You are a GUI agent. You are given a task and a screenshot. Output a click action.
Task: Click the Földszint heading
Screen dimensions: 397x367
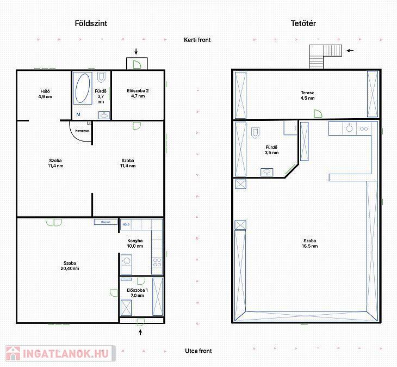[x=91, y=23]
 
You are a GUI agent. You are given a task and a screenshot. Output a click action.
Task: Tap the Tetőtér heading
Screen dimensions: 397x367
[x=303, y=23]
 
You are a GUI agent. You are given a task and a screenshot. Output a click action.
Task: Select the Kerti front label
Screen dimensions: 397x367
[x=197, y=40]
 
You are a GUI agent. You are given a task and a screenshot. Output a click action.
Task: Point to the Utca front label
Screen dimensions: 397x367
[x=199, y=351]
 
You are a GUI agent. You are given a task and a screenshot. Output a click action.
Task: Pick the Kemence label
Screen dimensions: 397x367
[x=82, y=131]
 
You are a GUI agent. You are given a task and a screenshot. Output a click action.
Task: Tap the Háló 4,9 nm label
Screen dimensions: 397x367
[x=45, y=94]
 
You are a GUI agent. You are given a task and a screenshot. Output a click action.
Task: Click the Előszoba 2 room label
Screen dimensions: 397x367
[x=138, y=93]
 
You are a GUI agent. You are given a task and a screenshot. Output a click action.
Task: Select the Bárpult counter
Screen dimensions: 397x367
[x=106, y=222]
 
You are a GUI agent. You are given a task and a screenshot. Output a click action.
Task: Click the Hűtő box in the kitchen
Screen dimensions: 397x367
[x=126, y=224]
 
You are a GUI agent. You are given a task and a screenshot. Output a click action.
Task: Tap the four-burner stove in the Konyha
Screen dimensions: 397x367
[x=157, y=262]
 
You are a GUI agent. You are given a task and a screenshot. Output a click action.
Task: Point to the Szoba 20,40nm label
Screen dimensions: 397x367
[x=70, y=266]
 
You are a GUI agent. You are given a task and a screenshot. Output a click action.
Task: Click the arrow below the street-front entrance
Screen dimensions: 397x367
[x=140, y=332]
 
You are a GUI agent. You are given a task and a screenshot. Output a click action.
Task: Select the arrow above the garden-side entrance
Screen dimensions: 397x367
[x=136, y=51]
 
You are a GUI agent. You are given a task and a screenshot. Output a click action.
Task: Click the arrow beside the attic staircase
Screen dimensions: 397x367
[x=350, y=51]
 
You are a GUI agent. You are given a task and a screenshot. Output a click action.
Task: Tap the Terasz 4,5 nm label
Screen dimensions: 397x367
[x=307, y=95]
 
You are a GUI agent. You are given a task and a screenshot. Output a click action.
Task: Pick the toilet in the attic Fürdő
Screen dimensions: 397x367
[x=255, y=132]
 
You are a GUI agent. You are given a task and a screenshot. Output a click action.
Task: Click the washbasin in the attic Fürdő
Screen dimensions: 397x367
[x=267, y=172]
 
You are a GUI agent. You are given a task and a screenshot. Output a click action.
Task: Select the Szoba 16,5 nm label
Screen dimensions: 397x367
[x=309, y=243]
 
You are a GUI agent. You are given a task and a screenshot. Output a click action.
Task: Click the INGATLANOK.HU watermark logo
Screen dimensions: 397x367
[x=60, y=353]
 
